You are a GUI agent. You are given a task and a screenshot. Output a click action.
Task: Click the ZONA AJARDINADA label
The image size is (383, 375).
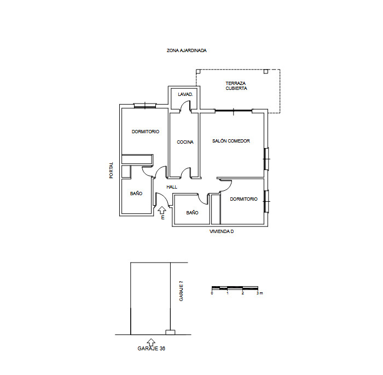pos(187,50)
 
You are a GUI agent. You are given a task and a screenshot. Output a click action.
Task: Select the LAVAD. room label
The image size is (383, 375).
pos(185,95)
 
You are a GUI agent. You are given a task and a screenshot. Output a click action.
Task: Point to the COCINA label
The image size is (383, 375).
pos(185,143)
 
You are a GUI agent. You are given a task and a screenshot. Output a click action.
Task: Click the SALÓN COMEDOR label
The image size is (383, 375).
pos(231,141)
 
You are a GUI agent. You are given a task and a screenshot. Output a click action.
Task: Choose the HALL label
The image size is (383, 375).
pos(172,187)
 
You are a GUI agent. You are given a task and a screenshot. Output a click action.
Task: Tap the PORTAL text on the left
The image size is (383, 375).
pos(111,170)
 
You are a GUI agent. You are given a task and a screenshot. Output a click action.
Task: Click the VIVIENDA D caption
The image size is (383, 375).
pos(222,232)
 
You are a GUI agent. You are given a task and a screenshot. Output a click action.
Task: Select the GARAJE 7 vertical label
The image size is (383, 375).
pos(181,291)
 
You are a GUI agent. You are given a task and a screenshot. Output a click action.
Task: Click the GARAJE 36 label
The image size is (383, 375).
pos(152,348)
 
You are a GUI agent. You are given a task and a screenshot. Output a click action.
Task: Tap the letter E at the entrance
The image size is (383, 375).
pos(163,218)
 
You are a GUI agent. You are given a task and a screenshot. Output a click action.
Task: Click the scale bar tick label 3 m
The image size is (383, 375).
pos(260,293)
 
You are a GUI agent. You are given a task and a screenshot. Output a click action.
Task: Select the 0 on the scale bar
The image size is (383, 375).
pos(212,293)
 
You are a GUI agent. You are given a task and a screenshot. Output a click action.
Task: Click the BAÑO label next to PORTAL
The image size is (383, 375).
pos(136,194)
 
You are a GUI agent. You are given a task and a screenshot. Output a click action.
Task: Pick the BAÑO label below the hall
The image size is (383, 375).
pos(192,213)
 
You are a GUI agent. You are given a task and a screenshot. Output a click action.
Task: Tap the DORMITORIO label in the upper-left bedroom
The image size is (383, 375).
pos(146,132)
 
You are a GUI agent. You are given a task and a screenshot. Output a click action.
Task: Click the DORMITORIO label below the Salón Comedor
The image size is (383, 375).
pos(243,199)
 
